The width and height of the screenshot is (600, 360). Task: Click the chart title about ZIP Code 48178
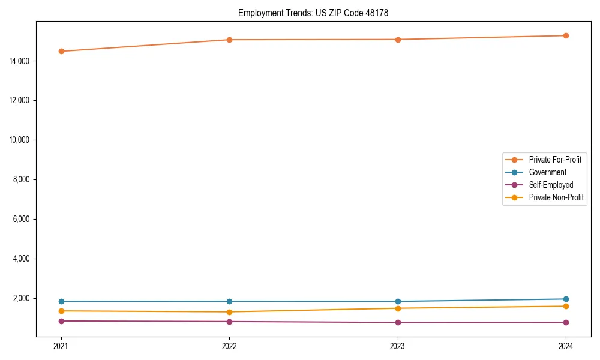tap(313, 13)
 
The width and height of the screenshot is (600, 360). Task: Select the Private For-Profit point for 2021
tap(61, 51)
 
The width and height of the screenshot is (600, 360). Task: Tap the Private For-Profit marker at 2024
tap(566, 35)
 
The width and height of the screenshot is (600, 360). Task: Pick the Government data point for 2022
tap(229, 301)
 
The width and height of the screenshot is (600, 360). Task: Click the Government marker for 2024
tap(566, 299)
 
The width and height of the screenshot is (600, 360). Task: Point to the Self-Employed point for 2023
tap(398, 322)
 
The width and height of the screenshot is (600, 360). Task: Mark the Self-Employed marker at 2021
tap(61, 321)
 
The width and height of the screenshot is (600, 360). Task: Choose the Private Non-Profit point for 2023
tap(398, 308)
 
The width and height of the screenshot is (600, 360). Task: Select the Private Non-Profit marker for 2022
tap(229, 312)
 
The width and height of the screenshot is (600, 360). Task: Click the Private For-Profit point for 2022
tap(229, 40)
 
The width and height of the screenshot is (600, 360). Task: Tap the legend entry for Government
tap(547, 172)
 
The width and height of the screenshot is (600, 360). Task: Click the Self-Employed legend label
tap(551, 185)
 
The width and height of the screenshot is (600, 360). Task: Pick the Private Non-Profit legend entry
tap(556, 197)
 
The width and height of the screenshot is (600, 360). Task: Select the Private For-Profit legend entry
tap(555, 160)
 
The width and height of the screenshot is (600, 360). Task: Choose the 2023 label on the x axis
tap(398, 346)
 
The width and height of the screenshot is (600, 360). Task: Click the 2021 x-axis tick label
tap(61, 346)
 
